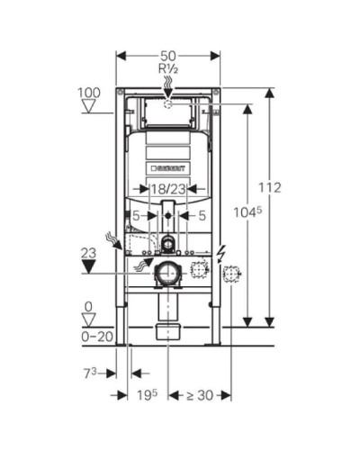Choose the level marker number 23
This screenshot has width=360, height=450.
(87, 254)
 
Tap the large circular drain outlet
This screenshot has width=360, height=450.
(166, 273)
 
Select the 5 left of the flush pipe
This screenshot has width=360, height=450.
(137, 215)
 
